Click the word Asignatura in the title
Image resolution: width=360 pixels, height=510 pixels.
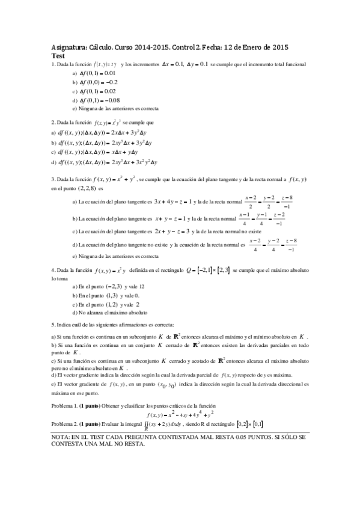(69, 47)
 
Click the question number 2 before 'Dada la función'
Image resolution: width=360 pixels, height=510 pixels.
(53, 122)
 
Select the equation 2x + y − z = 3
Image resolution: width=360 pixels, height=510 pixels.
(171, 231)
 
